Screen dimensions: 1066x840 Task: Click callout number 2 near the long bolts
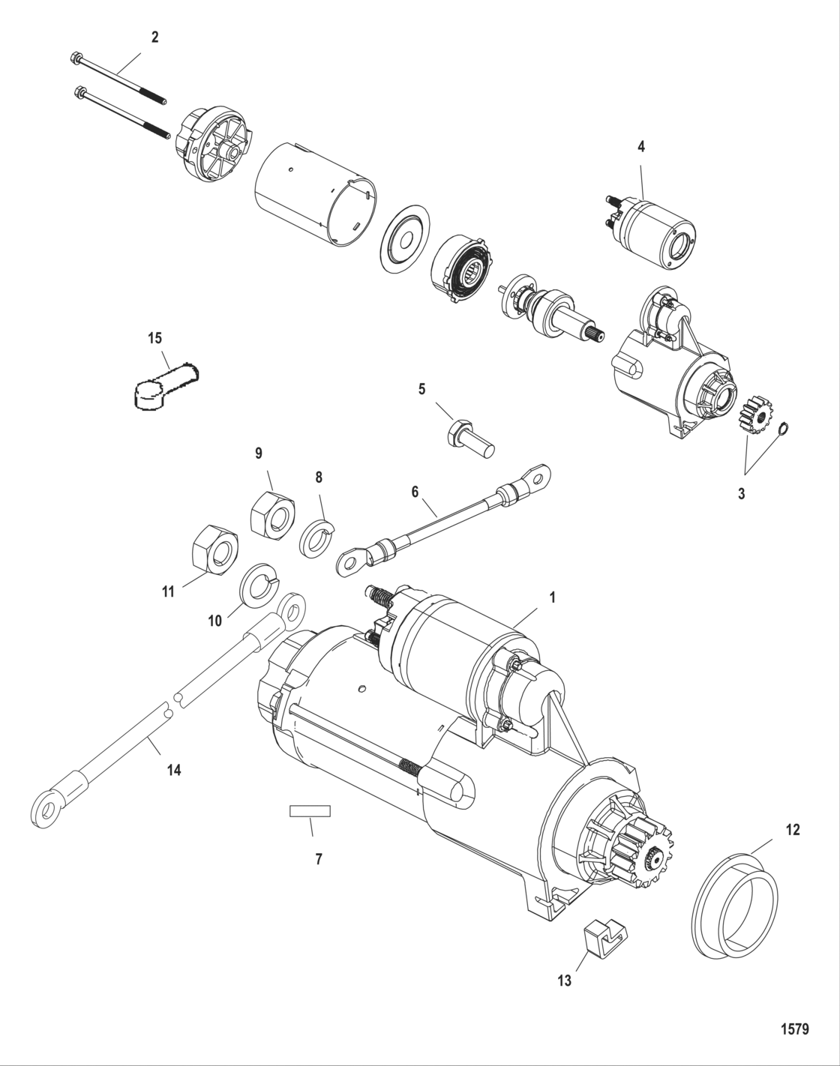[155, 37]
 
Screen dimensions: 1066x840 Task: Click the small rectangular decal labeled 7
[310, 811]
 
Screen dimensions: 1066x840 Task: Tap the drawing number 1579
[793, 1029]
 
